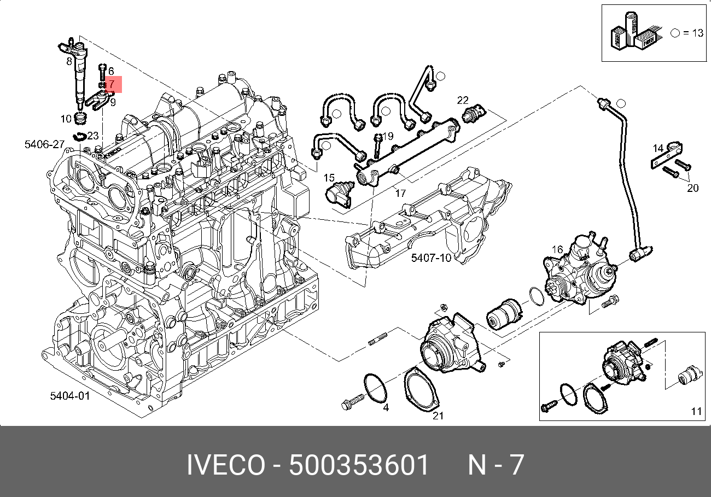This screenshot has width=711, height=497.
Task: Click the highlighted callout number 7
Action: point(111,84)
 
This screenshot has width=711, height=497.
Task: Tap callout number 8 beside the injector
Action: point(69,61)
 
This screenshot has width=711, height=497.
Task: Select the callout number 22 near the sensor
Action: point(463,100)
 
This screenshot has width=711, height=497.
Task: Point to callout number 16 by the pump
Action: point(557,250)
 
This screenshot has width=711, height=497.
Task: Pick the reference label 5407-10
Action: point(431,257)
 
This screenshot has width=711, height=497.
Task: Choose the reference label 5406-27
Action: point(45,144)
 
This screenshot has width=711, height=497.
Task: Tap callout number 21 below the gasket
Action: point(438,416)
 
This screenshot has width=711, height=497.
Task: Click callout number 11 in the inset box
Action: point(696,411)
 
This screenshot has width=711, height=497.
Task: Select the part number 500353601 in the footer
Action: point(359,465)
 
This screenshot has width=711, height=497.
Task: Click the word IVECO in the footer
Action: point(225,465)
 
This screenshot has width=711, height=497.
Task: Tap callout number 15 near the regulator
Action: point(329,178)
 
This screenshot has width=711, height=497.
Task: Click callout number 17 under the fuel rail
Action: point(400,193)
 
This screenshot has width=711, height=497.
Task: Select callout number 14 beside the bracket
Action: point(658,148)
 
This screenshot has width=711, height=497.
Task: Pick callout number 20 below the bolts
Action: point(692,189)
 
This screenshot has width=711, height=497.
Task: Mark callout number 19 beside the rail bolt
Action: point(388,136)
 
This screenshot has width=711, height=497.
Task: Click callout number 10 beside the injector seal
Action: point(66,118)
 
